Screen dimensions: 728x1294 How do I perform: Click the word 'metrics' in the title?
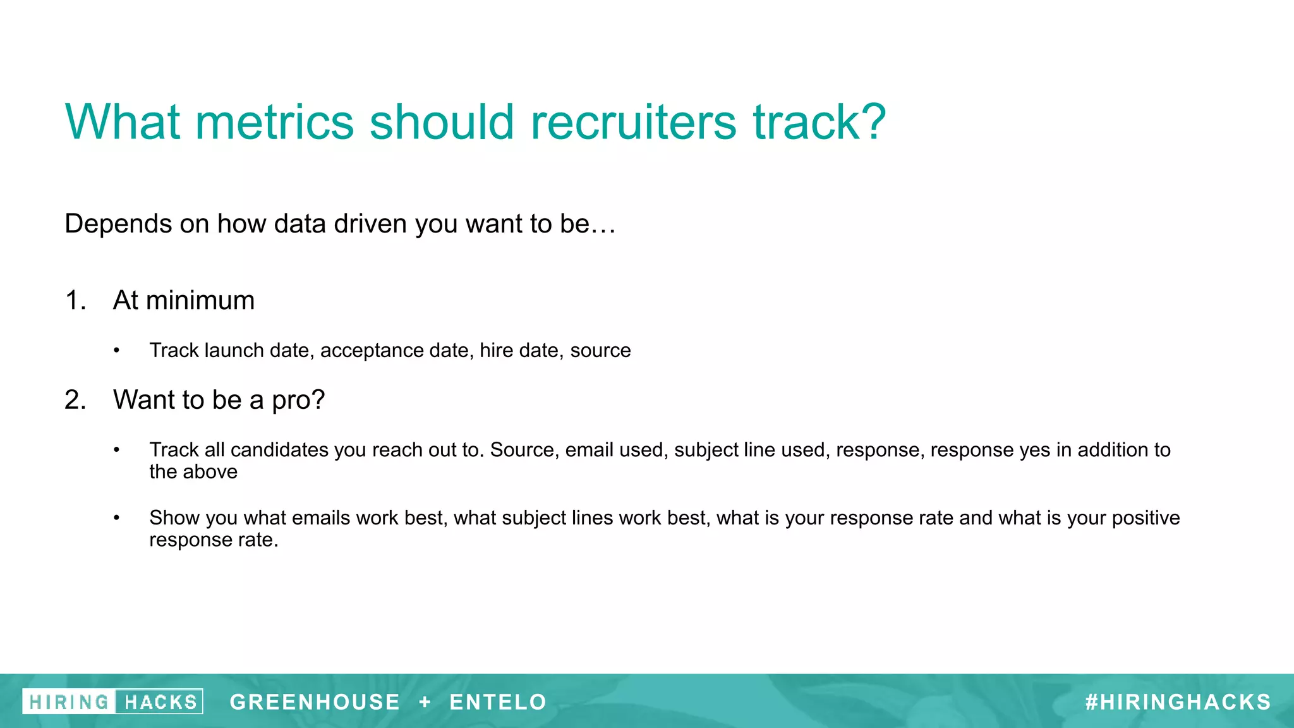point(274,122)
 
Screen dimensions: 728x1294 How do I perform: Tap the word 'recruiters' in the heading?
point(633,122)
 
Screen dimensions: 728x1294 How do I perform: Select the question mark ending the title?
point(873,122)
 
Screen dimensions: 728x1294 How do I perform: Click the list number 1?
point(75,300)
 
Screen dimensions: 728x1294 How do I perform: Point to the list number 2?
point(75,400)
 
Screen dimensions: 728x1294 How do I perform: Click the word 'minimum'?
point(200,300)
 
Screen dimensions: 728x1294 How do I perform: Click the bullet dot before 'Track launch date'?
point(116,351)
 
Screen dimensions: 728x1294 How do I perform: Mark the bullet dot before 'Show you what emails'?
point(116,518)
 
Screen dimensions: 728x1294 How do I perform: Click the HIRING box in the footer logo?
point(69,701)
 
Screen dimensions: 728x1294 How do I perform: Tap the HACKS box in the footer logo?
point(160,701)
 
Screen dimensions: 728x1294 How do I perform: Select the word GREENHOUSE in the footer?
point(315,701)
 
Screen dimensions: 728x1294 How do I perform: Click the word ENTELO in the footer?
point(498,701)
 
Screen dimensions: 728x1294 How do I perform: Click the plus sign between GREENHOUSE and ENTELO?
point(425,701)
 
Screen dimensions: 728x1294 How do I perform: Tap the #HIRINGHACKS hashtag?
point(1178,701)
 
